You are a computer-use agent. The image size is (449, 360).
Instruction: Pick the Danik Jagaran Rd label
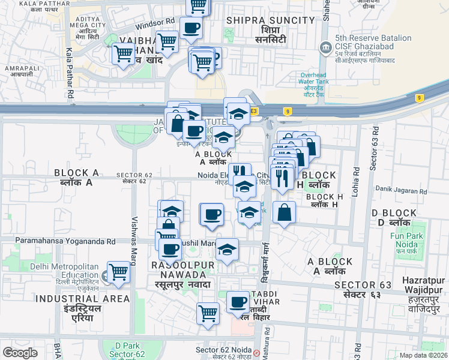(x=402, y=192)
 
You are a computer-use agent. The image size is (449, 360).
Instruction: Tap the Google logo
(x=20, y=353)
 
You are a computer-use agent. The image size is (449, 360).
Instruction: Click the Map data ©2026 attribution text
(x=424, y=355)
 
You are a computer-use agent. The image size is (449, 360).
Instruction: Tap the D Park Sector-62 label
(x=127, y=350)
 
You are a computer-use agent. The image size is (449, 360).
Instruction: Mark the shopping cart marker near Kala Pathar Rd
(x=124, y=54)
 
